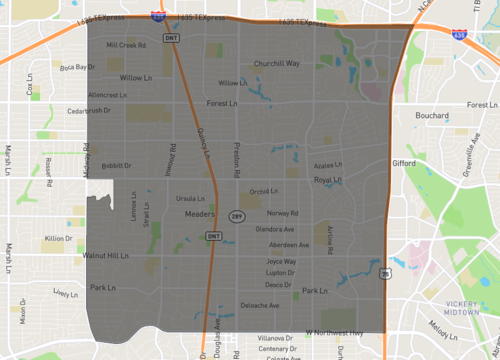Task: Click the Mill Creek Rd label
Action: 126,45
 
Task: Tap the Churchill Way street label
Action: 277,63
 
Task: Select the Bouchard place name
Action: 433,115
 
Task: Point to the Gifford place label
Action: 404,161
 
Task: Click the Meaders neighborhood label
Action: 201,213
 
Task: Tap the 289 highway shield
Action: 236,216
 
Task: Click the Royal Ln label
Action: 329,180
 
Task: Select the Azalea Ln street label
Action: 328,166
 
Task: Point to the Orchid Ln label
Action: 264,191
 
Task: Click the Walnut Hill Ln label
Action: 106,256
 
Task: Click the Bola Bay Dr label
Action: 75,67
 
